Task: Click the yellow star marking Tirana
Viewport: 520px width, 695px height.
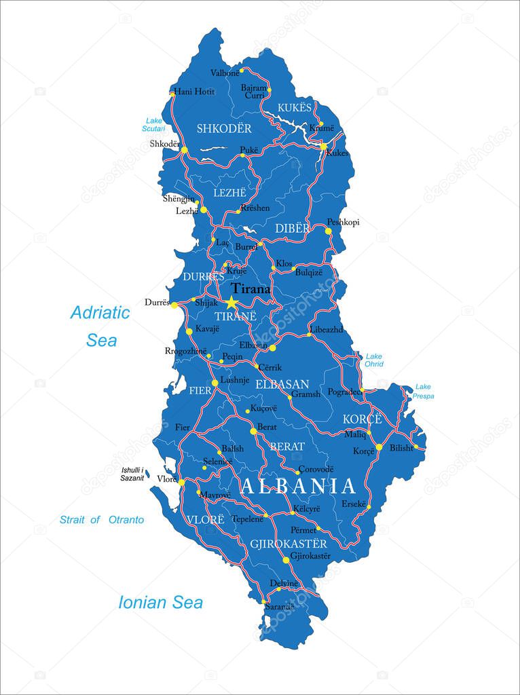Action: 232,303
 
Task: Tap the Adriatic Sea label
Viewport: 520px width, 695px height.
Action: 100,326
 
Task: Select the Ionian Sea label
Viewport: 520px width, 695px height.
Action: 160,602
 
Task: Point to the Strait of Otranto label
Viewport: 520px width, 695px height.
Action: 102,519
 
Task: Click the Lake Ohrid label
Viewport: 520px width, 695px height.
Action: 374,360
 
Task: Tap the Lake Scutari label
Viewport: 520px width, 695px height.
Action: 153,124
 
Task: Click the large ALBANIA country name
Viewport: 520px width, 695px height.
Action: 298,486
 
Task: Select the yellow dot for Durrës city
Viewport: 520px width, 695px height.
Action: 174,305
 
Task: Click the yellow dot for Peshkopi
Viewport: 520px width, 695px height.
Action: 328,231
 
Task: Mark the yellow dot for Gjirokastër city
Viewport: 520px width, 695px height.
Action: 286,561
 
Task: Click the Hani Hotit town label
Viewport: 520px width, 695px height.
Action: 194,92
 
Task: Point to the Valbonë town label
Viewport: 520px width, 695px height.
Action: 225,73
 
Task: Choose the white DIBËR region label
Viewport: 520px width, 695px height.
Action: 292,229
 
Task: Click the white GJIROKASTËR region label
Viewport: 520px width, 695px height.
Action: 288,544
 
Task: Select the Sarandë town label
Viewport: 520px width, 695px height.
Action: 280,606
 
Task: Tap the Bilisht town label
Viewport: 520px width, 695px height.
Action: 401,448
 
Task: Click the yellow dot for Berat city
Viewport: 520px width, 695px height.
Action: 253,431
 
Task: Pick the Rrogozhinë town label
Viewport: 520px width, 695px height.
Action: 185,351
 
